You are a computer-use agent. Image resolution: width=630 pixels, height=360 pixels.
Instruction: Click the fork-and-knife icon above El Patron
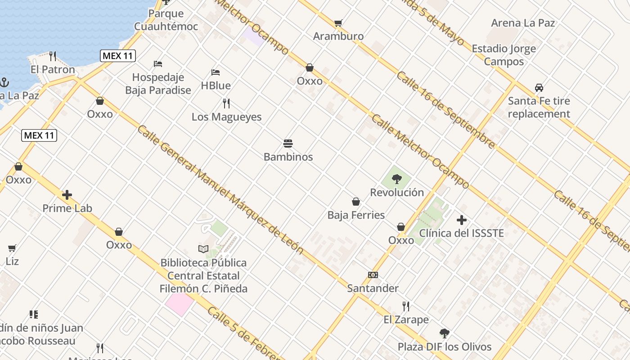pyautogui.click(x=53, y=56)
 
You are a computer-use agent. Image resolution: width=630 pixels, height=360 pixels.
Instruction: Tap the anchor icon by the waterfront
pyautogui.click(x=4, y=82)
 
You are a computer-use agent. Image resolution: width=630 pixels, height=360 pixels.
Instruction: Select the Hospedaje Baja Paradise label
pyautogui.click(x=158, y=84)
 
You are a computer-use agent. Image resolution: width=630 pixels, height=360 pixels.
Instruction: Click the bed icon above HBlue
pyautogui.click(x=216, y=72)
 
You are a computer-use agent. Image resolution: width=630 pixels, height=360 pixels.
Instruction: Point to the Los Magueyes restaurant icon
pyautogui.click(x=226, y=103)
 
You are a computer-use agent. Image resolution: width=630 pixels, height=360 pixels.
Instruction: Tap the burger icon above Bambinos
pyautogui.click(x=288, y=144)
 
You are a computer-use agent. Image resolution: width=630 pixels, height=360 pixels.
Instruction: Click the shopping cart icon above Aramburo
pyautogui.click(x=338, y=23)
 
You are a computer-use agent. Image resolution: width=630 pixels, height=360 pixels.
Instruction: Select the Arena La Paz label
pyautogui.click(x=523, y=23)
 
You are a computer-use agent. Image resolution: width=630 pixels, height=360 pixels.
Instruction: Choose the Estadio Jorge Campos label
pyautogui.click(x=504, y=55)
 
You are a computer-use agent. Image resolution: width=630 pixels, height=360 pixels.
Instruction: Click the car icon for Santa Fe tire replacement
pyautogui.click(x=539, y=88)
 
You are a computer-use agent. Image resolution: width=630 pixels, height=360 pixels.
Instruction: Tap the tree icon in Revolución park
pyautogui.click(x=396, y=179)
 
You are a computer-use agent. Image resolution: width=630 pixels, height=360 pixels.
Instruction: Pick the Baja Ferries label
pyautogui.click(x=356, y=215)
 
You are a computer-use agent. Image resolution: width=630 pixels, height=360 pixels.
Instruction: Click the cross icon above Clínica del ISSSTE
pyautogui.click(x=461, y=220)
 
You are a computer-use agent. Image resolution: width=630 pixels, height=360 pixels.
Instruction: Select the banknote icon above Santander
pyautogui.click(x=373, y=275)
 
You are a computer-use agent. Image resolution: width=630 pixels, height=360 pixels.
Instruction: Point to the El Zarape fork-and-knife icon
pyautogui.click(x=406, y=306)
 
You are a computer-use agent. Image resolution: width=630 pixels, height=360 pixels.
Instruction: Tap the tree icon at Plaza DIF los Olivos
pyautogui.click(x=444, y=333)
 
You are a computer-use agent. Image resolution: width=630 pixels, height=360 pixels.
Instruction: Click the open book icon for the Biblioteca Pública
pyautogui.click(x=203, y=249)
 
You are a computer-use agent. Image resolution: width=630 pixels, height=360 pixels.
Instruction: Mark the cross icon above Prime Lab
pyautogui.click(x=67, y=195)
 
